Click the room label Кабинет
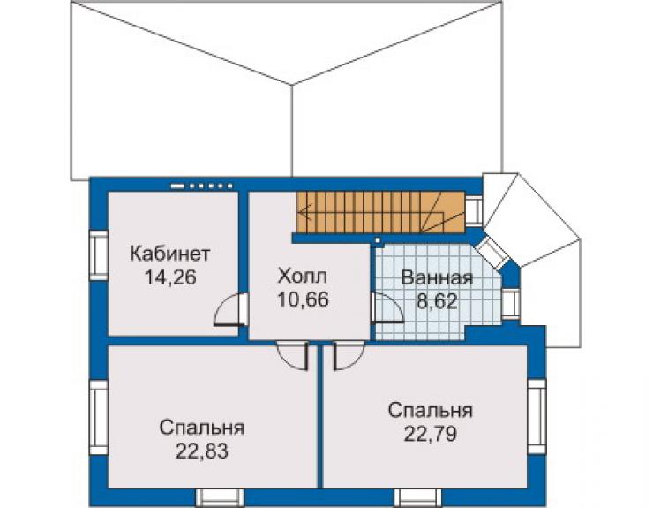169,254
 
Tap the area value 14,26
170,277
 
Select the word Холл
303,277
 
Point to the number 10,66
304,299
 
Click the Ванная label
437,278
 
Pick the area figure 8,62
437,300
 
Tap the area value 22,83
201,451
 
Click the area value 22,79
431,434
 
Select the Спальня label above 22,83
201,428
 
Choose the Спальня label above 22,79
431,411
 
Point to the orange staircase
380,212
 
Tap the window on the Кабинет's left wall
100,255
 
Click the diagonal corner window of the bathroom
492,251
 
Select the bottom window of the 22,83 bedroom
220,497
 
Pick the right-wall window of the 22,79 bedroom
537,416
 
